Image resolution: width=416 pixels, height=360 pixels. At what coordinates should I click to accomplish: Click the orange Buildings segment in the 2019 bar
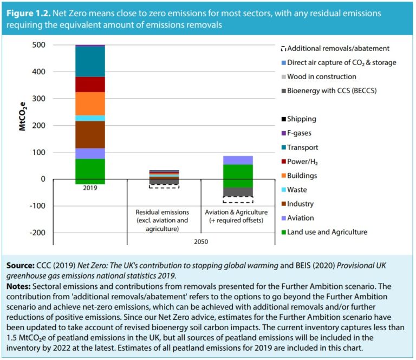point(90,103)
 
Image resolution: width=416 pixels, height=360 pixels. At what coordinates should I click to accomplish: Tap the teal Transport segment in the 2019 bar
point(90,62)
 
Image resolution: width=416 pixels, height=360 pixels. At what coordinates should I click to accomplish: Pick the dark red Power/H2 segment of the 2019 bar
point(90,85)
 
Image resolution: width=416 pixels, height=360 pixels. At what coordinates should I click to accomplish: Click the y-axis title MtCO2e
point(22,116)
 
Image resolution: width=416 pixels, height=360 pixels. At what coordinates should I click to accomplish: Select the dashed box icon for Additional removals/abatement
point(283,49)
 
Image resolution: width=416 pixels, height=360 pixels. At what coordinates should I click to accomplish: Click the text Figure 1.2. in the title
point(28,12)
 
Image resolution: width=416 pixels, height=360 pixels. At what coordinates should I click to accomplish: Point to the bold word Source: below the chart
point(21,266)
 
